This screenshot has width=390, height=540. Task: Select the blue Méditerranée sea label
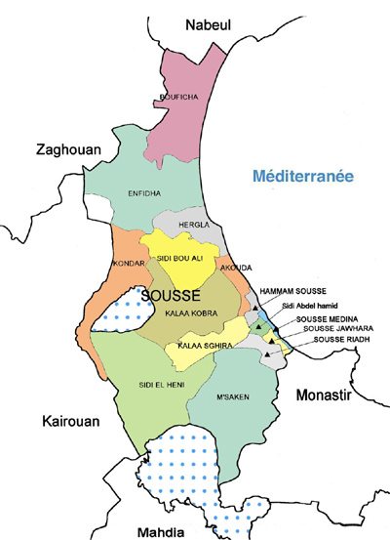[301, 177]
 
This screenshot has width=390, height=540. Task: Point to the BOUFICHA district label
[175, 96]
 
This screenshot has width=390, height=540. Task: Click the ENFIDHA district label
[147, 193]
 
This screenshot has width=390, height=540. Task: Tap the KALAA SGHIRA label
[196, 346]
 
